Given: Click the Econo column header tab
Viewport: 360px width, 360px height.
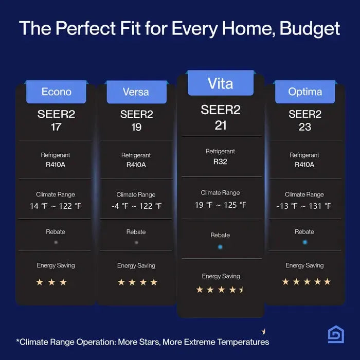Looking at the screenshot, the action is click(56, 92).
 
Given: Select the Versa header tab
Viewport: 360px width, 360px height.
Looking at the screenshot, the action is click(137, 92).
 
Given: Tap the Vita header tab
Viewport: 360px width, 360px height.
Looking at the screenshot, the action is click(221, 83).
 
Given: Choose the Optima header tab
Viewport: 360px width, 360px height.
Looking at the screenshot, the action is click(305, 92).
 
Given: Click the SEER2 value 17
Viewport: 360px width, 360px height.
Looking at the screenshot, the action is click(56, 127).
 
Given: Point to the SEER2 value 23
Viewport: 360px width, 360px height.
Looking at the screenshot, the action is click(305, 127).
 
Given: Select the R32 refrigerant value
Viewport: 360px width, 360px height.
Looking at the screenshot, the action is click(220, 161).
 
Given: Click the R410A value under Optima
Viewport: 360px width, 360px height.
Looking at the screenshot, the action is click(304, 165).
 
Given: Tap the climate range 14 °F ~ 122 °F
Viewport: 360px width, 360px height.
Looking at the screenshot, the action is click(56, 206).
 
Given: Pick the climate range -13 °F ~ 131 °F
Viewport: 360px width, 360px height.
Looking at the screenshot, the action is click(304, 206).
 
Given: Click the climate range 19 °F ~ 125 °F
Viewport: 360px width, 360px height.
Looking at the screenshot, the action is click(221, 205).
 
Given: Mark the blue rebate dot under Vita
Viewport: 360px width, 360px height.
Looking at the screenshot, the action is click(220, 247).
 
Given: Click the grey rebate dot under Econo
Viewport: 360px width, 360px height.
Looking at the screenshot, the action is click(56, 242).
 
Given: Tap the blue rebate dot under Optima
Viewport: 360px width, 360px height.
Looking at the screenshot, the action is click(305, 242).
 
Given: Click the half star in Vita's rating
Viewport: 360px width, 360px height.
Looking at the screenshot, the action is click(241, 290).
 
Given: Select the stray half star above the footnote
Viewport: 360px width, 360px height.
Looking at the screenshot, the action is click(264, 332).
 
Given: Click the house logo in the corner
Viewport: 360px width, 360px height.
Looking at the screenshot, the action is click(336, 334).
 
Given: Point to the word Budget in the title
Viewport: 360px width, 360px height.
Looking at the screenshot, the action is click(310, 29).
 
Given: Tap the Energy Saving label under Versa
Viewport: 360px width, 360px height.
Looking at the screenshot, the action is click(136, 266).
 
